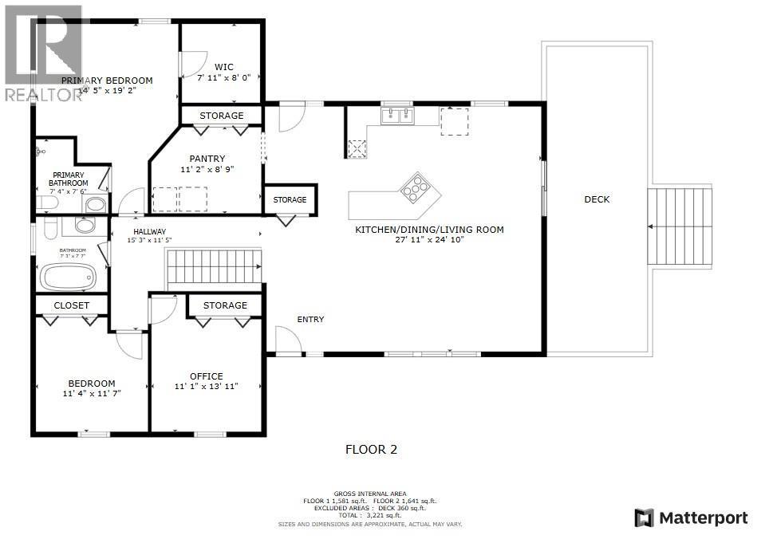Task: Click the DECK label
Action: tap(596, 199)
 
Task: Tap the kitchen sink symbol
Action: tap(396, 118)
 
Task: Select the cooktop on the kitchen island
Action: tap(415, 188)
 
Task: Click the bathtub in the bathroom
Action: tap(69, 277)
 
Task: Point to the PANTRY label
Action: tap(207, 159)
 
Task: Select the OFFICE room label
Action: tap(206, 376)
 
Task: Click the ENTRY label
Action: tap(310, 320)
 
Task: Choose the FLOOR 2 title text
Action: tap(370, 450)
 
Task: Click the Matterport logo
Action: tap(691, 517)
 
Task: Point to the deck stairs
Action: tap(679, 227)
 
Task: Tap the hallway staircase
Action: tap(213, 267)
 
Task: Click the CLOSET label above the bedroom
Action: tap(71, 305)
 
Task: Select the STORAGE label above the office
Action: tap(225, 305)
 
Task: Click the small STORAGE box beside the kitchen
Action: tap(290, 199)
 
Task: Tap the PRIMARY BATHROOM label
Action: tap(69, 179)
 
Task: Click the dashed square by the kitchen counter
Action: tap(454, 122)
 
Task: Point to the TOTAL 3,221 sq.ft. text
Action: tap(370, 516)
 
